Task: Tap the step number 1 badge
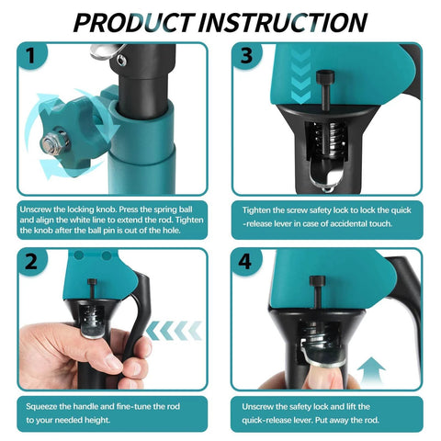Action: [33, 58]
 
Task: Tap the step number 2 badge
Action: [33, 262]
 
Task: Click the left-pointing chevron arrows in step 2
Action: [174, 329]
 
